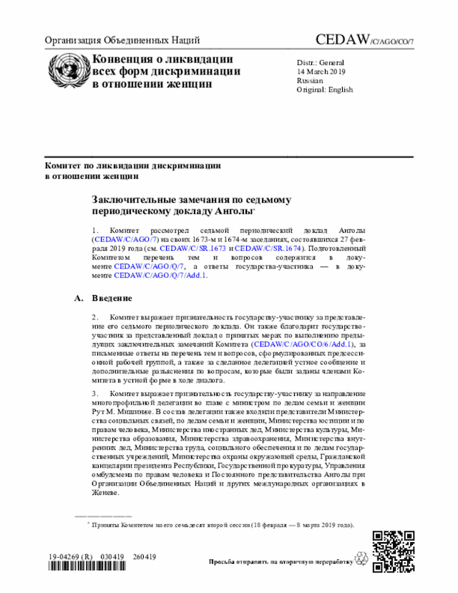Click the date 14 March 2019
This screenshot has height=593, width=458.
(321, 72)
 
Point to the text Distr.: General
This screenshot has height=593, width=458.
(321, 63)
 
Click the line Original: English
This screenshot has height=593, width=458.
(325, 90)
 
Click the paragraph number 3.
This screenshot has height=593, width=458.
(94, 394)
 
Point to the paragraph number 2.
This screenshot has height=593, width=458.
(94, 316)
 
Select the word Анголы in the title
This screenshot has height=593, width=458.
(235, 212)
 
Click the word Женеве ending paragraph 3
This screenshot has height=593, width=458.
(106, 493)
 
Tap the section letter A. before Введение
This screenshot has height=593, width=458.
(79, 297)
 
